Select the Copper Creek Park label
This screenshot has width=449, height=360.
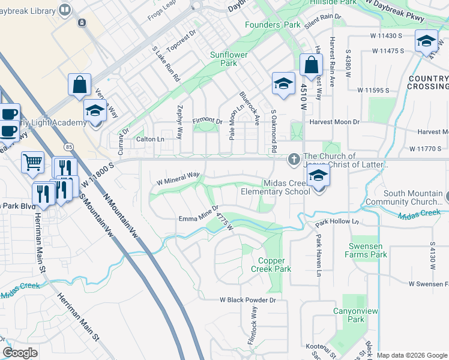[x=274, y=265]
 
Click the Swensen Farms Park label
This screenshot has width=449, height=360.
[x=366, y=250]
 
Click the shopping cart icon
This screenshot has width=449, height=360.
[x=32, y=161]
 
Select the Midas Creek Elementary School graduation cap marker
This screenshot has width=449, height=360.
[x=319, y=176]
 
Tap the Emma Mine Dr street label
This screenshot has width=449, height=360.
[x=197, y=218]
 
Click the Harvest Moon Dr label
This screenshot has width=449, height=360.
[x=334, y=122]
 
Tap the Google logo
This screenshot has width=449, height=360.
[x=20, y=353]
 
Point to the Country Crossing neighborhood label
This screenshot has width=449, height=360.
[x=427, y=82]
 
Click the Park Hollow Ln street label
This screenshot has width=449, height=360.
[x=337, y=222]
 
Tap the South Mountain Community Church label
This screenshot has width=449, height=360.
[x=413, y=197]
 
